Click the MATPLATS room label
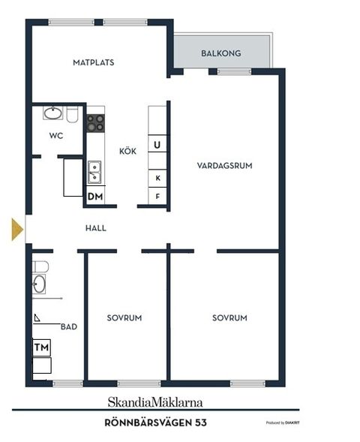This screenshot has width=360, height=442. tap(94, 63)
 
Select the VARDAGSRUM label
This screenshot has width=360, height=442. tap(223, 165)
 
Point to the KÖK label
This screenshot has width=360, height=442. tap(127, 152)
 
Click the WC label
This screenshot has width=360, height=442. tap(55, 136)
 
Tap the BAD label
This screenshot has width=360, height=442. tap(69, 326)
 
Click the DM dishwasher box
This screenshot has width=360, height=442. tap(95, 197)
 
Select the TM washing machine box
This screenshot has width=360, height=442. tap(41, 348)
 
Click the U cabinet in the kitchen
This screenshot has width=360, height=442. tap(157, 144)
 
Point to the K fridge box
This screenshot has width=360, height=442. tap(157, 178)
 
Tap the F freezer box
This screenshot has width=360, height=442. tap(157, 197)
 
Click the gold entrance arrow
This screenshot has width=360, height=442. tap(17, 229)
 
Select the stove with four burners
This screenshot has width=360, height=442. tap(95, 123)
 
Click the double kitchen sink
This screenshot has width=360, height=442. tap(95, 173)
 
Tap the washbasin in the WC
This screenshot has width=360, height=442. tap(52, 114)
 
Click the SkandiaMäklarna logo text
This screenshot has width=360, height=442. tap(155, 401)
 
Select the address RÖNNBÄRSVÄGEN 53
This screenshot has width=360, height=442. tap(155, 423)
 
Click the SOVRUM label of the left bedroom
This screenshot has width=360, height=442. tap(124, 318)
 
